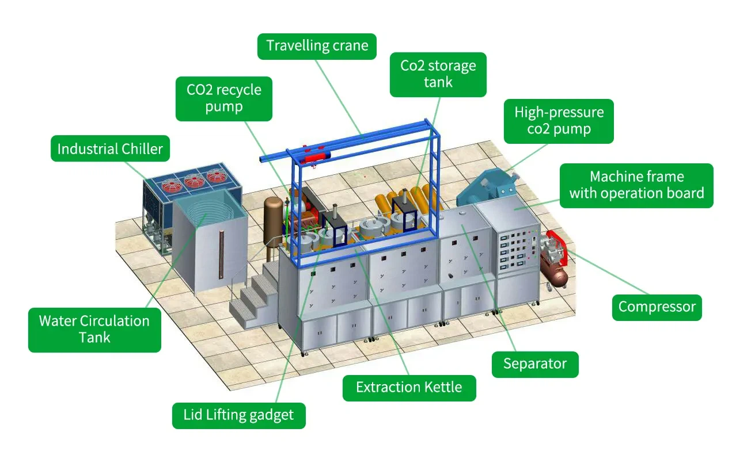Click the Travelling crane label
[x=317, y=46]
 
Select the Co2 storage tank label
[x=438, y=74]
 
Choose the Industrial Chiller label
[x=110, y=150]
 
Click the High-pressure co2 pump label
[x=558, y=120]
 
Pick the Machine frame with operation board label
[x=636, y=185]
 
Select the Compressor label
[x=657, y=307]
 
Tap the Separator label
[x=534, y=364]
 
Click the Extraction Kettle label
[x=409, y=387]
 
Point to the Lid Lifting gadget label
[x=238, y=415]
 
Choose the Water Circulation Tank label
[x=94, y=329]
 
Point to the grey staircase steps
[x=253, y=296]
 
